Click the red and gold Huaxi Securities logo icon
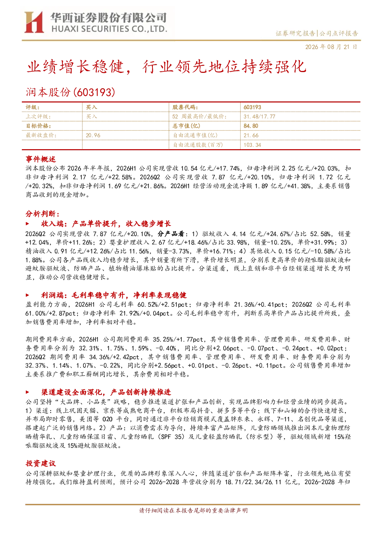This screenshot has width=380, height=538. coord(34,22)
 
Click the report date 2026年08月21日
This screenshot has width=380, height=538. coord(331,47)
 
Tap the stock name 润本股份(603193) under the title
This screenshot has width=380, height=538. coord(70,92)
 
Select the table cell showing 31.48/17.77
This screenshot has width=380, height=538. coord(259,117)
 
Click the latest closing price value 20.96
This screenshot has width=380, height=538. coord(93,135)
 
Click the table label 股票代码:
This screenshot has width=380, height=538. coord(185,107)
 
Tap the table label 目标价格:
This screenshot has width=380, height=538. coord(38,126)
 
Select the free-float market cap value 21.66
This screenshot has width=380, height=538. coord(251,135)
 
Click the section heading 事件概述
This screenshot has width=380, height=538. coord(41,159)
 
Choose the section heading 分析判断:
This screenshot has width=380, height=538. coord(43,214)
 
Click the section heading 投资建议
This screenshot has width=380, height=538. coord(41,463)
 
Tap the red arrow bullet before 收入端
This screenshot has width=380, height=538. coord(27,224)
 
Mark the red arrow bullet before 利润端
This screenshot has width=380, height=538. coord(27,295)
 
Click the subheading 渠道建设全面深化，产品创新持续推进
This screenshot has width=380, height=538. coord(106,392)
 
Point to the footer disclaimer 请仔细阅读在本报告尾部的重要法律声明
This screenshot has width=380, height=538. coord(193,510)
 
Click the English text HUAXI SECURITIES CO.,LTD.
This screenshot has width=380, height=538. coord(109,29)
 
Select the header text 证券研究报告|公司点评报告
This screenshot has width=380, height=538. coord(316,33)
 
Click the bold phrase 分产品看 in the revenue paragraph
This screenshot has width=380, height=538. coord(170,234)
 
